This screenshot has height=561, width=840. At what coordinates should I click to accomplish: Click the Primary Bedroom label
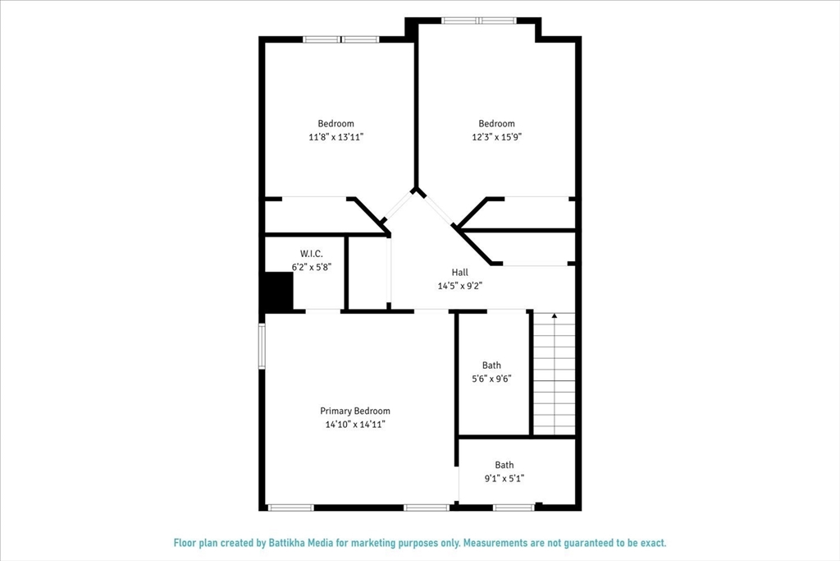coord(354,411)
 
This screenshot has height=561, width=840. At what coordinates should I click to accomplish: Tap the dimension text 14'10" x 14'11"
coord(354,425)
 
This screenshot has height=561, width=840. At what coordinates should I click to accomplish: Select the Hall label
coord(459,272)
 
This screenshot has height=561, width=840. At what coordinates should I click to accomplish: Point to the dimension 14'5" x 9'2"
coord(459,286)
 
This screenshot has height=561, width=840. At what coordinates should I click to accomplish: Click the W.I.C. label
coord(311,254)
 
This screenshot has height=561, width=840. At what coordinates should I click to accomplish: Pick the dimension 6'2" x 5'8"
coord(311,267)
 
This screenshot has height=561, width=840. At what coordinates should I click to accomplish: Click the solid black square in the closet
coord(277,292)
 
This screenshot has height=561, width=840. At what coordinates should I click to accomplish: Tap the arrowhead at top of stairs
coord(555,315)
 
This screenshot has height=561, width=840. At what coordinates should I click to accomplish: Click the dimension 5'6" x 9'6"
coord(491,379)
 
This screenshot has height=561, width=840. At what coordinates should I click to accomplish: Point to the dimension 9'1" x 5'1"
coord(504,478)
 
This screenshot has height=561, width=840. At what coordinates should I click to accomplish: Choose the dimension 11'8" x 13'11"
coord(336,137)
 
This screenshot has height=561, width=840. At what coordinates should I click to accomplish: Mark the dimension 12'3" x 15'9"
coord(496,137)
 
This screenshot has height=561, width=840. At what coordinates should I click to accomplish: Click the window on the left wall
coord(262,345)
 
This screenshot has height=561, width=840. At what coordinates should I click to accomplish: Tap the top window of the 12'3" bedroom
coord(479,20)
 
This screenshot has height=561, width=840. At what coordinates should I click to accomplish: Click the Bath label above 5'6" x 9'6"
coord(491,366)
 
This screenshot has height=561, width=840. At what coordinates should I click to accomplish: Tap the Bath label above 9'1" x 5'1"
coord(504,465)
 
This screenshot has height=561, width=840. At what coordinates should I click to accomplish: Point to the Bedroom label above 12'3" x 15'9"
coord(496,124)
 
